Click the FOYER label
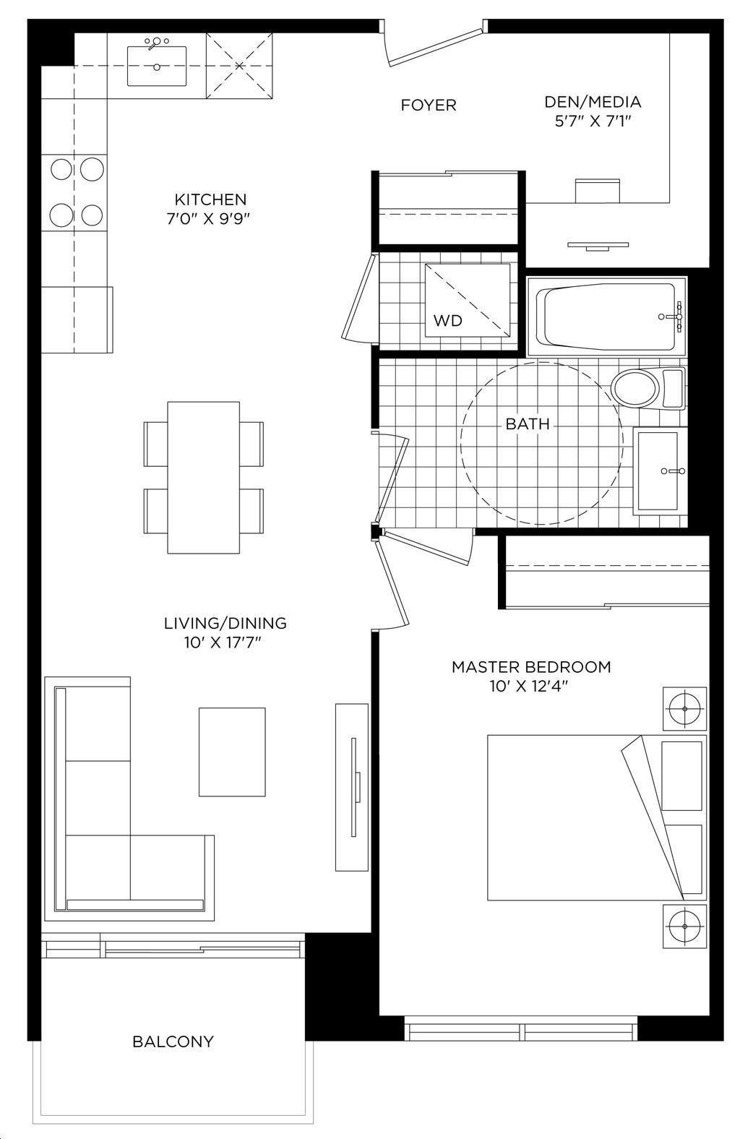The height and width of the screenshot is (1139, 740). pos(429,106)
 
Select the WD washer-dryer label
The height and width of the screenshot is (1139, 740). pos(447,320)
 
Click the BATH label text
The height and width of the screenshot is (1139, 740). pos(528,424)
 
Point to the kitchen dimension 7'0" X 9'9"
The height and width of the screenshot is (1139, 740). pos(209,219)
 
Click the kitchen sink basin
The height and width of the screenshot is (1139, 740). pos(157,66)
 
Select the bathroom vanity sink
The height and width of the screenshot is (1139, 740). pos(658,471)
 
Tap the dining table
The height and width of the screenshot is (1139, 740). pos(204,478)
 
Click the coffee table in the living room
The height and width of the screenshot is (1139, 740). pos(232,752)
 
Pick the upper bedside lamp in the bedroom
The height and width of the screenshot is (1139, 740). pos(684,709)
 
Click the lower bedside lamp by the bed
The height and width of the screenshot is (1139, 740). pos(684,926)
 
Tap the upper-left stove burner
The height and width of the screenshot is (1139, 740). pos(61,169)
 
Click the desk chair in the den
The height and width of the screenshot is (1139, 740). pos(598,191)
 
